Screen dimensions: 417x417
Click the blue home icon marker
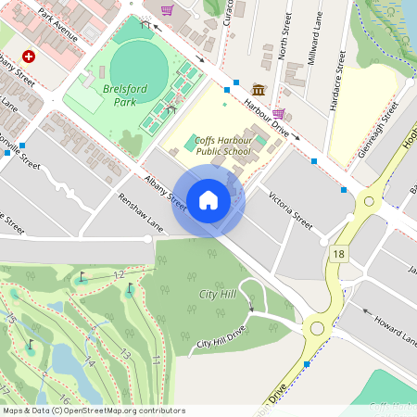(x=208, y=199)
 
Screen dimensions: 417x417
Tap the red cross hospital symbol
(x=29, y=57)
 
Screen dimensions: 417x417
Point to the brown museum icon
(x=257, y=89)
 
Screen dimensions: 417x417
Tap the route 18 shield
(x=340, y=254)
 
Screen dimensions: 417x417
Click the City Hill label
(x=217, y=294)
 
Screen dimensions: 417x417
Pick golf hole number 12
(x=118, y=275)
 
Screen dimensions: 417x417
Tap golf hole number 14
(x=89, y=361)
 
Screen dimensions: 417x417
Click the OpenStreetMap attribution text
(x=94, y=411)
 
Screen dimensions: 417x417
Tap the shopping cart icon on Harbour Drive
(x=278, y=113)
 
